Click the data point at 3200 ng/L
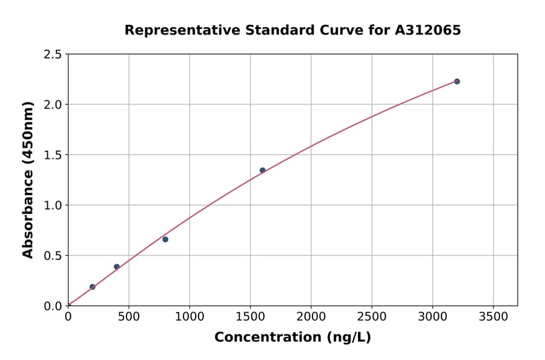pos(457,81)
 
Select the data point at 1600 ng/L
pos(262,170)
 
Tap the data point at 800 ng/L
pos(165,239)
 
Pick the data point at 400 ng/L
pos(117,267)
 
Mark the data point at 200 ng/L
pos(92,287)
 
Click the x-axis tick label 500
pos(128,317)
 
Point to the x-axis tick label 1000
pos(190,317)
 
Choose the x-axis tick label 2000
pos(311,317)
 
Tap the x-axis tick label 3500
pos(493,317)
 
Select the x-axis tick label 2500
pos(371,317)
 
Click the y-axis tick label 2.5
pos(53,55)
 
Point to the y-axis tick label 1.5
pos(53,155)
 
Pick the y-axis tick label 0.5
pos(53,256)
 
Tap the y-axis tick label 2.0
pos(53,105)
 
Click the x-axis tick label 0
pos(68,317)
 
